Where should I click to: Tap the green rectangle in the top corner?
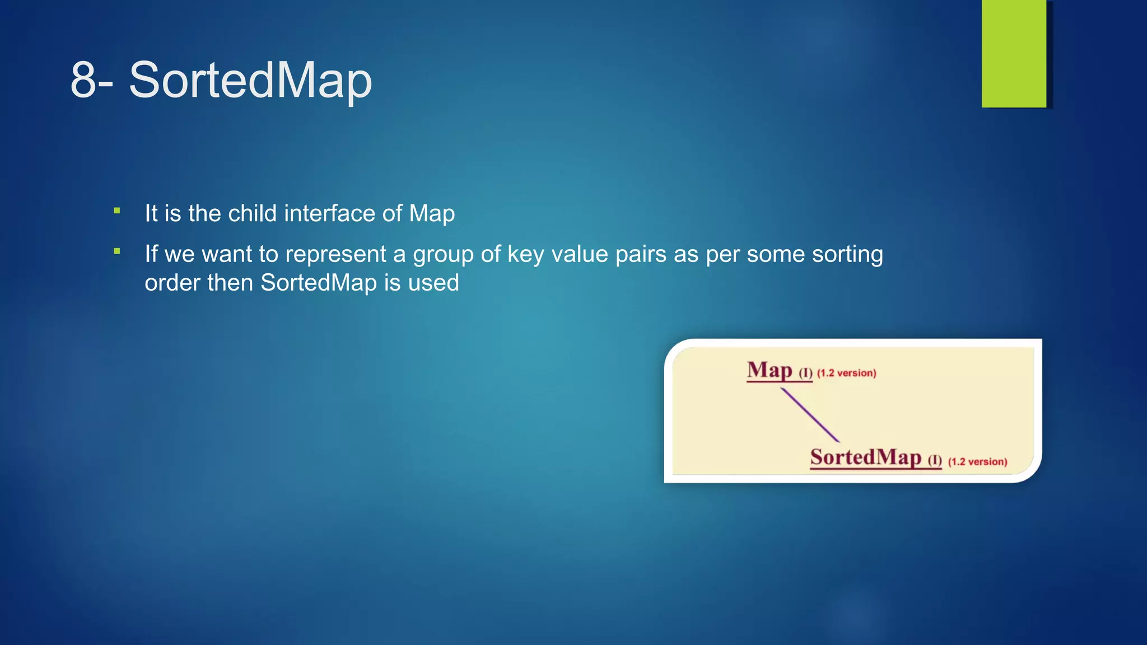click(x=1014, y=53)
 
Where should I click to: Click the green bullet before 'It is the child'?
click(x=117, y=211)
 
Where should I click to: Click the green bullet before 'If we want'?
click(x=117, y=251)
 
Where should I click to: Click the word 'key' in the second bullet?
click(x=525, y=255)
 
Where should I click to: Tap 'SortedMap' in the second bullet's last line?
click(x=319, y=283)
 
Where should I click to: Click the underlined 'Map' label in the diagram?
click(x=770, y=371)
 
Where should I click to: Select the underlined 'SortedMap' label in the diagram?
click(x=865, y=457)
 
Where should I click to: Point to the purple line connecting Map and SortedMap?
click(x=810, y=415)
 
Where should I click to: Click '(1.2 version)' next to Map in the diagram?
click(x=846, y=373)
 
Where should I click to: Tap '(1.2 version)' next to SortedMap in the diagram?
click(x=977, y=462)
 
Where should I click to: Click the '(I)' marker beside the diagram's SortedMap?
click(x=935, y=460)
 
